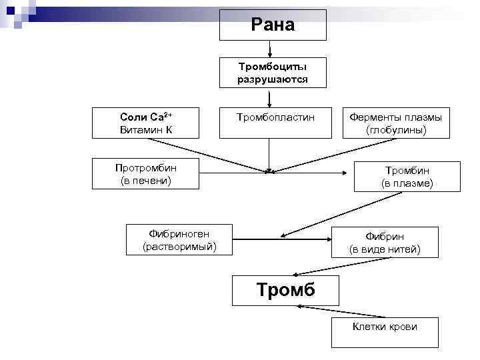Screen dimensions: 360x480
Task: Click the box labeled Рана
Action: (x=273, y=25)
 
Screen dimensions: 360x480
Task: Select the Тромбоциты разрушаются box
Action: (x=273, y=73)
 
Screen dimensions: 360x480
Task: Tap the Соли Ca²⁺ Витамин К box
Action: (x=145, y=123)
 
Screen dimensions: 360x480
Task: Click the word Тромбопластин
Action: (x=275, y=117)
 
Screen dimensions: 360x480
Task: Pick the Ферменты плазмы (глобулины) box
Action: (x=396, y=123)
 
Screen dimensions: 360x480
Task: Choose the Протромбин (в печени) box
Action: (x=145, y=173)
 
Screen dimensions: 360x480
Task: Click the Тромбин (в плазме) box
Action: (x=407, y=176)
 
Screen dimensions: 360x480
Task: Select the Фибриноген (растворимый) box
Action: (x=179, y=240)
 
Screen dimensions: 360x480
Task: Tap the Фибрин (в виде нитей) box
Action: (x=385, y=243)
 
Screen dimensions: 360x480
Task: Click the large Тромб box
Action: (x=285, y=290)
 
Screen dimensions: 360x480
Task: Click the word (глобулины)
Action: (x=396, y=129)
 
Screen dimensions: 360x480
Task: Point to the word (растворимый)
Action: (x=179, y=247)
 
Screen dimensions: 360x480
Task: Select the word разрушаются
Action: (x=273, y=79)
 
